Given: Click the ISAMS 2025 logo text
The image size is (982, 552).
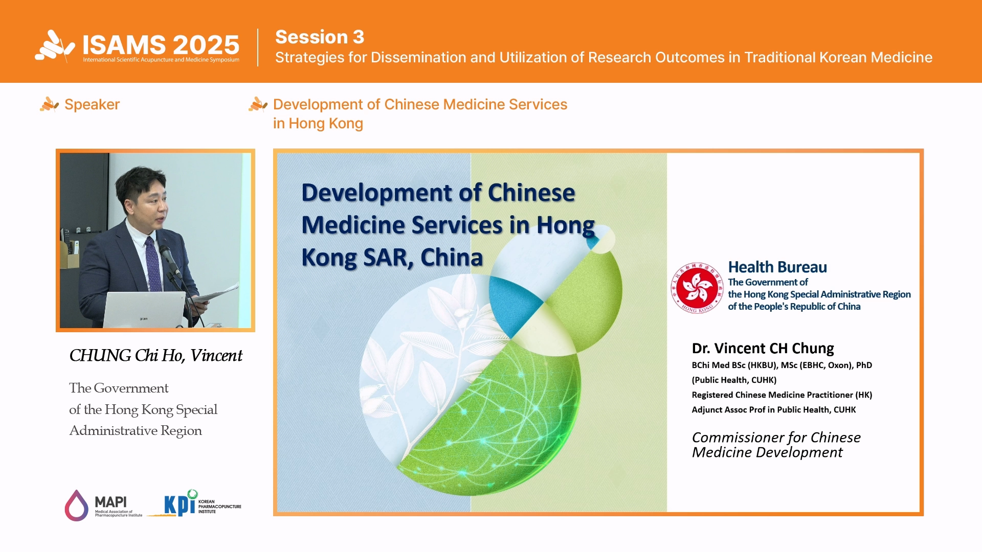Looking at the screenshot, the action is click(161, 45).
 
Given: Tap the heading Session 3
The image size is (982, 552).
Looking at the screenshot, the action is click(320, 37).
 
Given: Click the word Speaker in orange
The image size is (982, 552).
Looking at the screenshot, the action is click(92, 104).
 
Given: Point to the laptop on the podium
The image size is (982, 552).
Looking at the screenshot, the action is click(144, 309).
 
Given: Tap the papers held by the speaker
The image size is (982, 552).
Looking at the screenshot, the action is click(217, 295).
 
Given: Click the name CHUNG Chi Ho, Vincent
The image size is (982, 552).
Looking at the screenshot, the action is click(155, 356).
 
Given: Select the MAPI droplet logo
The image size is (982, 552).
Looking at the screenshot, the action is click(76, 505).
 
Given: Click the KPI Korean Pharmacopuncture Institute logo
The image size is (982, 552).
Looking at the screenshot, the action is click(194, 503).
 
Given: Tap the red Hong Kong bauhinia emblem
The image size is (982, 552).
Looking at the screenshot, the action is click(697, 288).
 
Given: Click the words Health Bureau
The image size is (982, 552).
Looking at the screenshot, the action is click(777, 267).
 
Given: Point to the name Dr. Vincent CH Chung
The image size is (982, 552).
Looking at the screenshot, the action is click(763, 349).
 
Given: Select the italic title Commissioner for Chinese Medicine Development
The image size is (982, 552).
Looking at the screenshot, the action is click(776, 445).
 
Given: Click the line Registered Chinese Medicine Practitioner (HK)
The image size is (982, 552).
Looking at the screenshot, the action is click(782, 395).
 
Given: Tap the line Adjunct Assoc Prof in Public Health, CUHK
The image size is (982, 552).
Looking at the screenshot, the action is click(773, 409).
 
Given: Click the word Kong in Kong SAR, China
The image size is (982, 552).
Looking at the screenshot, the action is click(329, 258).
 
